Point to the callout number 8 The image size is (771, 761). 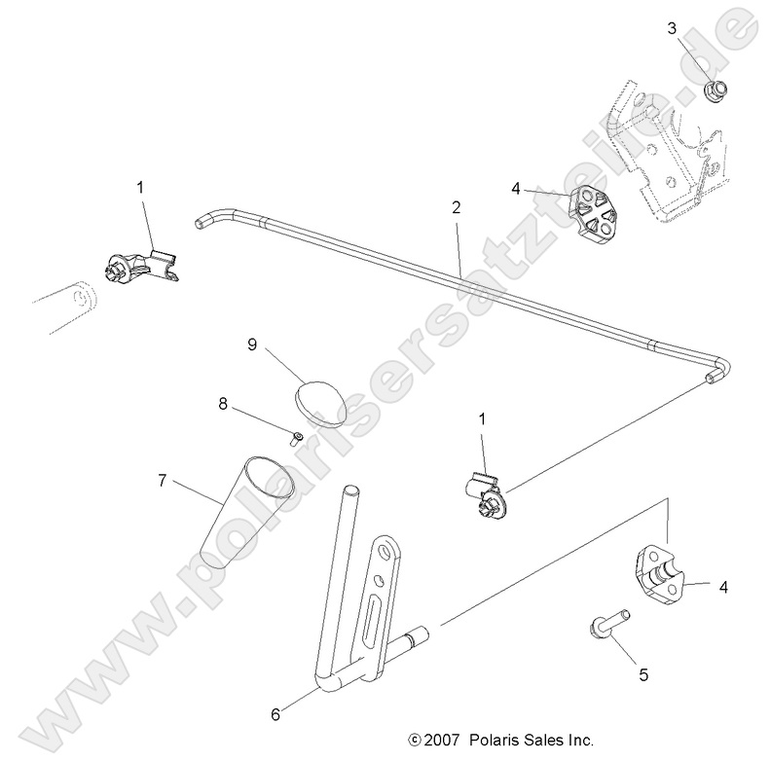tap(224, 403)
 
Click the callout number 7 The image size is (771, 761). tap(163, 480)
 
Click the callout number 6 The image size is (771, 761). tap(275, 714)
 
